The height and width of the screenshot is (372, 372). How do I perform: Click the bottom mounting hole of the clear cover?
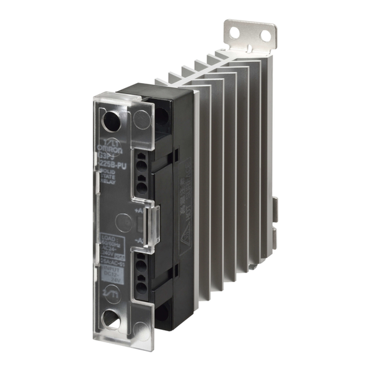click(x=112, y=321)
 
